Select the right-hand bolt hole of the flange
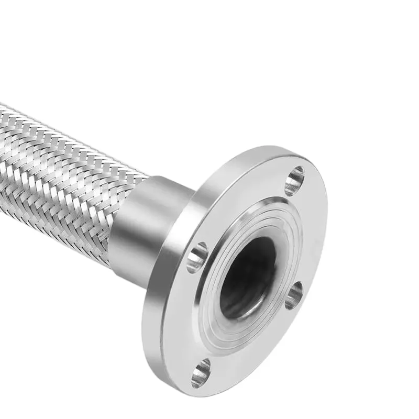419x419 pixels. click(x=294, y=295)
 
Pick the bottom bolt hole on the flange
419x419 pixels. click(x=201, y=372)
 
